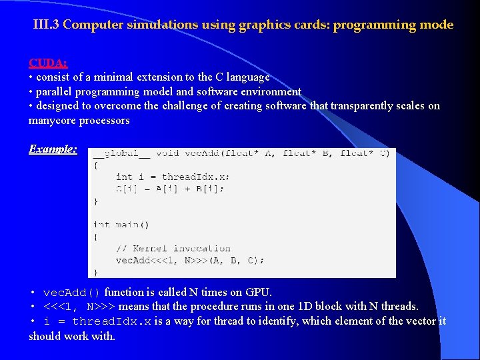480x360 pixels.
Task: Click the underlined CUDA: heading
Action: point(47,63)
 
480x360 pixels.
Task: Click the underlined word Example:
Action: point(53,149)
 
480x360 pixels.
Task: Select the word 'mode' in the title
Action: point(437,25)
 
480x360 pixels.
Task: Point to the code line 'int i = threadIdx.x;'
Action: point(173,177)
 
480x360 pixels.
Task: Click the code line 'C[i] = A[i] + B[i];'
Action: point(170,189)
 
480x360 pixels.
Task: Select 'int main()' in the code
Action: point(121,225)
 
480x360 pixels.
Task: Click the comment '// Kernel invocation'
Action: point(173,248)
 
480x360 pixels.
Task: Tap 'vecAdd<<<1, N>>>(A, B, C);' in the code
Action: point(190,260)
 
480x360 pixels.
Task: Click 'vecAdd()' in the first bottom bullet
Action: point(71,293)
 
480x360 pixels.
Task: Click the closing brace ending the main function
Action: point(95,272)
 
